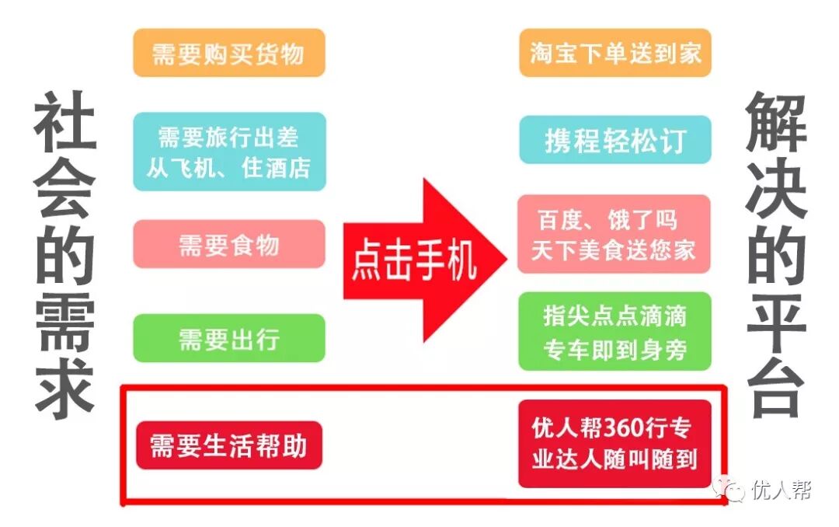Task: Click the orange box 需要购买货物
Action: tap(228, 53)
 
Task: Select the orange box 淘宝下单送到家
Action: tap(615, 53)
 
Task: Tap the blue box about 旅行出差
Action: tap(228, 152)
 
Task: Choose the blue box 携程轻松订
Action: tap(615, 140)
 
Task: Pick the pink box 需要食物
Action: tap(228, 244)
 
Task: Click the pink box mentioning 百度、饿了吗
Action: tap(614, 234)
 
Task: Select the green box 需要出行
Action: tap(228, 338)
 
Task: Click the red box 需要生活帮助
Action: tap(228, 445)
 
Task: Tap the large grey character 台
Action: tap(776, 389)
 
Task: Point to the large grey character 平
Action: tap(776, 323)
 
